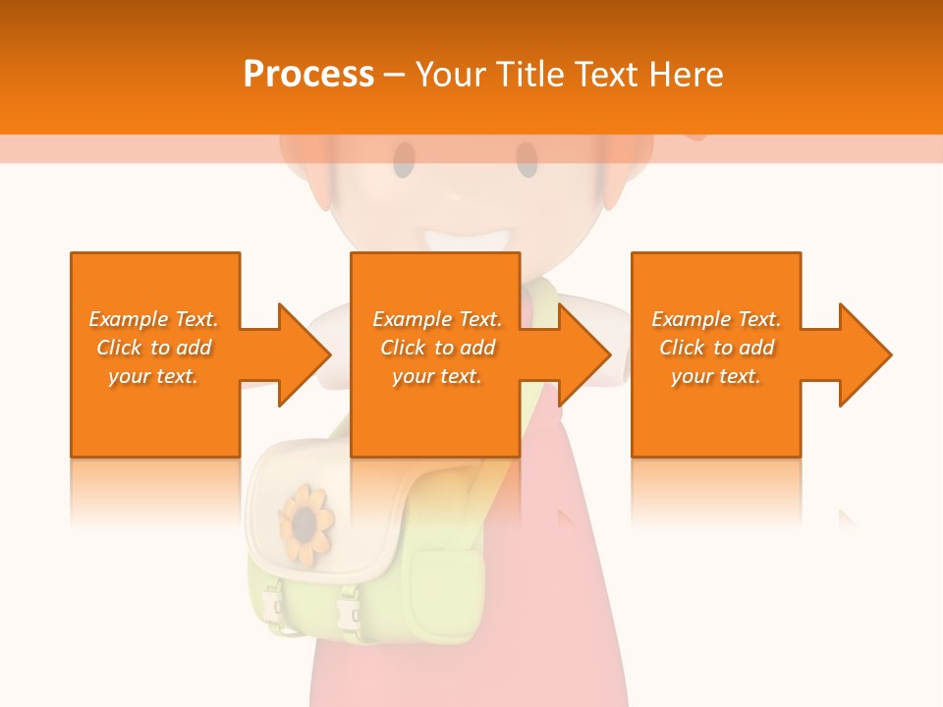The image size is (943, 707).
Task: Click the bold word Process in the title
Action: tap(308, 75)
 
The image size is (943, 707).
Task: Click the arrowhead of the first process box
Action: tap(305, 354)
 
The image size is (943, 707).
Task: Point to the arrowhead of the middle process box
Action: tap(584, 354)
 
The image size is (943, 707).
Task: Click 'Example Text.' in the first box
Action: tap(153, 319)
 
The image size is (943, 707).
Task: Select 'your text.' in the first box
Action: tap(153, 376)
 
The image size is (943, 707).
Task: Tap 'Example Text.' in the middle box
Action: tap(437, 319)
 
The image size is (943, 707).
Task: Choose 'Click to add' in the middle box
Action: tap(437, 348)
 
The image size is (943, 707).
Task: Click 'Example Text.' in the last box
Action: tap(716, 319)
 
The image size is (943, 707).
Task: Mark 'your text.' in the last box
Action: tap(716, 376)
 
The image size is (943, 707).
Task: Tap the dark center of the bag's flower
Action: tap(307, 522)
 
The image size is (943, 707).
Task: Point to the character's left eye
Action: tap(405, 159)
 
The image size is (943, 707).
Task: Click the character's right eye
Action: tap(527, 159)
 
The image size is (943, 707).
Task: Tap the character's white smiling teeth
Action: tap(470, 239)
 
